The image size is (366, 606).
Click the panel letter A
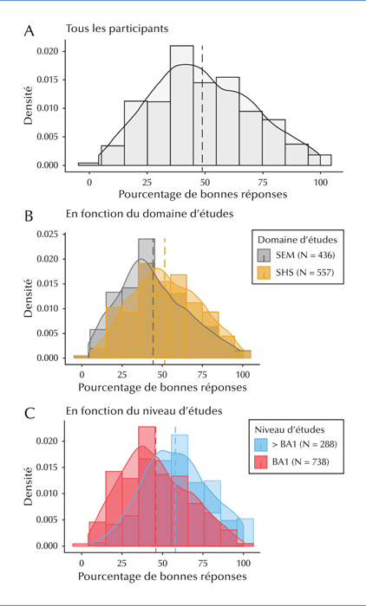click(x=29, y=30)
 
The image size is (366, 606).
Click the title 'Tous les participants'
click(x=117, y=29)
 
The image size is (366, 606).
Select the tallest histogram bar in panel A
click(x=181, y=106)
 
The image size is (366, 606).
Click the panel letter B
click(x=29, y=216)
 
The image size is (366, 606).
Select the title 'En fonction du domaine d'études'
click(x=149, y=213)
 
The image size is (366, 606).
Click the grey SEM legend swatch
click(x=265, y=255)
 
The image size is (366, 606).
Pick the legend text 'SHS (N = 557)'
click(x=304, y=273)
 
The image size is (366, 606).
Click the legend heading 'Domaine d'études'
click(x=297, y=240)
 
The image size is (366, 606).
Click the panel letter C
click(x=29, y=414)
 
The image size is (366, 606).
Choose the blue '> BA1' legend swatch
click(x=260, y=444)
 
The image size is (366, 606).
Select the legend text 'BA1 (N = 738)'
click(x=299, y=461)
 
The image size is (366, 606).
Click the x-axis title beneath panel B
click(x=162, y=387)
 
